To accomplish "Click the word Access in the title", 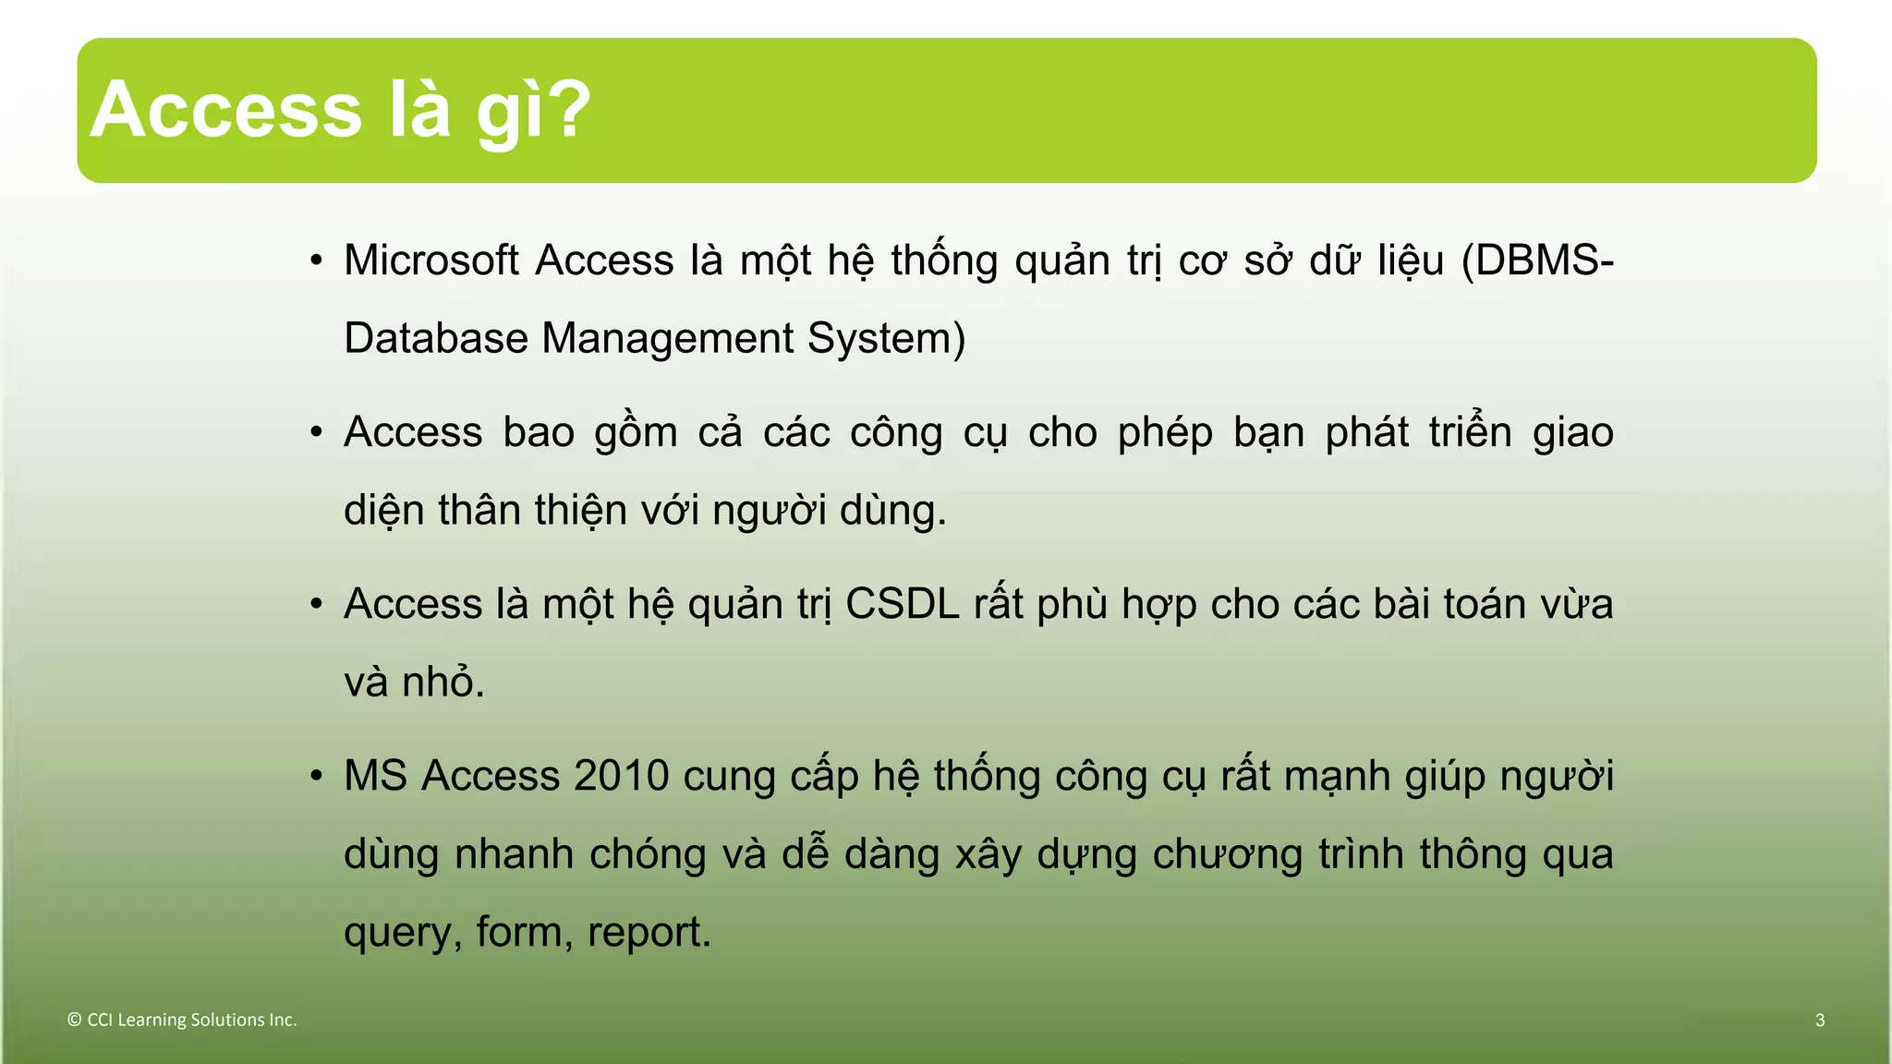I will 226,111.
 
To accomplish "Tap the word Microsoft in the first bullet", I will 431,260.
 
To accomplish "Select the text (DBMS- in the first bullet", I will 1537,260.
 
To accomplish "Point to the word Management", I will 667,338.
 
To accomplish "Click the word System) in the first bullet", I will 886,338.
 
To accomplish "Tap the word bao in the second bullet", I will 539,432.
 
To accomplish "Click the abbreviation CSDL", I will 902,604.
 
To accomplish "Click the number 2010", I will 621,776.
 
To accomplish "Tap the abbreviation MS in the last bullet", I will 374,776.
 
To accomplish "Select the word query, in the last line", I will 403,933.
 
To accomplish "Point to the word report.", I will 649,933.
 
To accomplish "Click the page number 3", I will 1820,1021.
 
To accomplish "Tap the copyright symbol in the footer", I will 74,1021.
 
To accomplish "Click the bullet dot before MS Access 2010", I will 316,776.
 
